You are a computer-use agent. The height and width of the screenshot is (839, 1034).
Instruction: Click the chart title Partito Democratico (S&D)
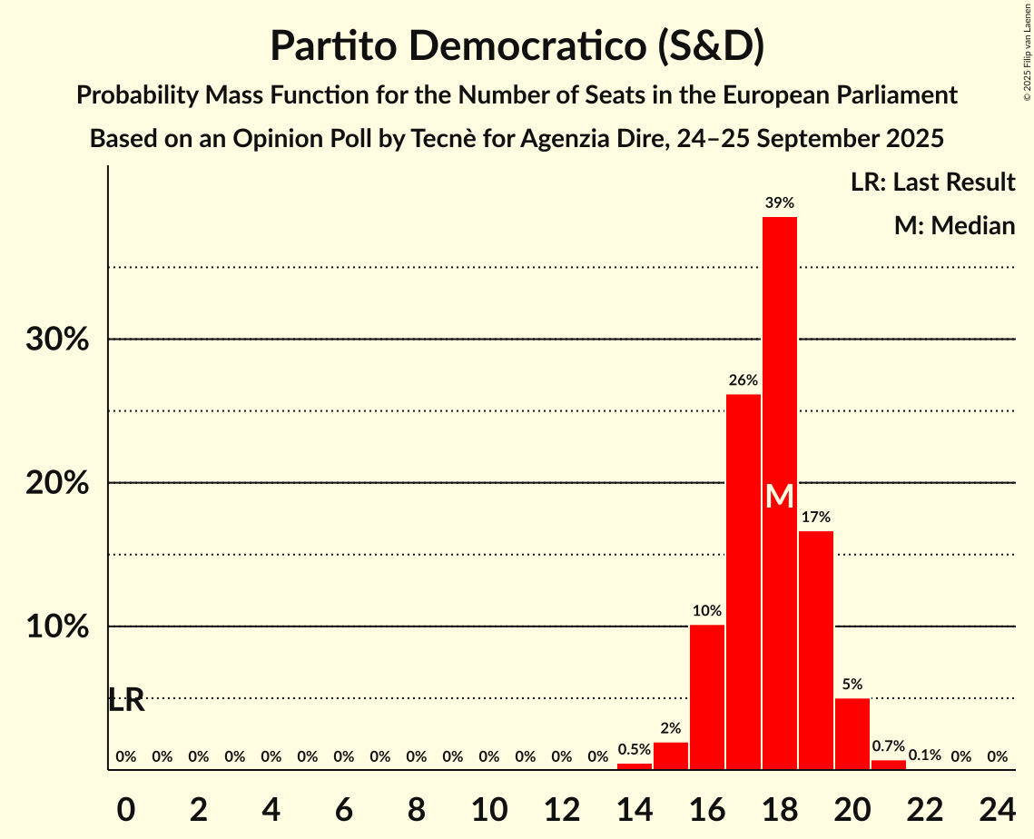point(517,45)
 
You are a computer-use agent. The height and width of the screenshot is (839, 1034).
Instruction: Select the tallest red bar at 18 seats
point(780,363)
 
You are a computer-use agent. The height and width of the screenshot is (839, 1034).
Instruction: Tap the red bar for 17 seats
point(743,581)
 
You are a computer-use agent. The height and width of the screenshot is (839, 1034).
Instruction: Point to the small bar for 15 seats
point(671,755)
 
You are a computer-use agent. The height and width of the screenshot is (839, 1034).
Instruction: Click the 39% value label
point(780,202)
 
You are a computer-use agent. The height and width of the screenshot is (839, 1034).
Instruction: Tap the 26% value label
point(743,380)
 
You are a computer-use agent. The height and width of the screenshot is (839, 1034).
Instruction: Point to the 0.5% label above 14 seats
point(635,749)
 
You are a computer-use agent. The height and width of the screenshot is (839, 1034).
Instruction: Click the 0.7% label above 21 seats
point(889,745)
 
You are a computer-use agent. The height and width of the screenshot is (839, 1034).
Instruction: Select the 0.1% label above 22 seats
point(925,755)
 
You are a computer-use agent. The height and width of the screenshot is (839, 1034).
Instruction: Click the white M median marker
point(780,496)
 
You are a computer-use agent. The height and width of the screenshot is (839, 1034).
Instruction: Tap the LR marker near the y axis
point(126,700)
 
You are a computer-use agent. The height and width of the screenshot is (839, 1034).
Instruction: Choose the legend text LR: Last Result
point(932,183)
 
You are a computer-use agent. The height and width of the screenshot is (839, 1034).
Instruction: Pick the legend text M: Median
point(954,225)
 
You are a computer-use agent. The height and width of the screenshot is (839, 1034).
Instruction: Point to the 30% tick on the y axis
point(56,340)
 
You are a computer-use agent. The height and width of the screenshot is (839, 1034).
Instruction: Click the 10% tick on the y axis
point(56,627)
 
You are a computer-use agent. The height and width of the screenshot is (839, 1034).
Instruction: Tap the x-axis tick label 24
point(997,807)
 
